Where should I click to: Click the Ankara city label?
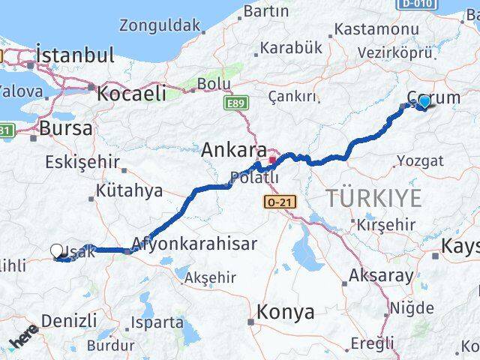point(233,150)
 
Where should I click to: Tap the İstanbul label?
point(75,55)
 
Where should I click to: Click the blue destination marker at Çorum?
point(424,102)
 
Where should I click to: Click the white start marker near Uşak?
point(58,251)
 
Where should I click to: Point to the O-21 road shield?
point(276,202)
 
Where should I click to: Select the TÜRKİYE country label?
point(373,198)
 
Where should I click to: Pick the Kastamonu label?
point(376,29)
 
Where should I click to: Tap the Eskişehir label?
point(82,161)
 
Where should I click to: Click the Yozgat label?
point(420,160)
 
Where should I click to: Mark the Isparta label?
point(157,322)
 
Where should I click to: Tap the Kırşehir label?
point(385,225)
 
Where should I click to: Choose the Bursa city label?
point(66,127)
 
